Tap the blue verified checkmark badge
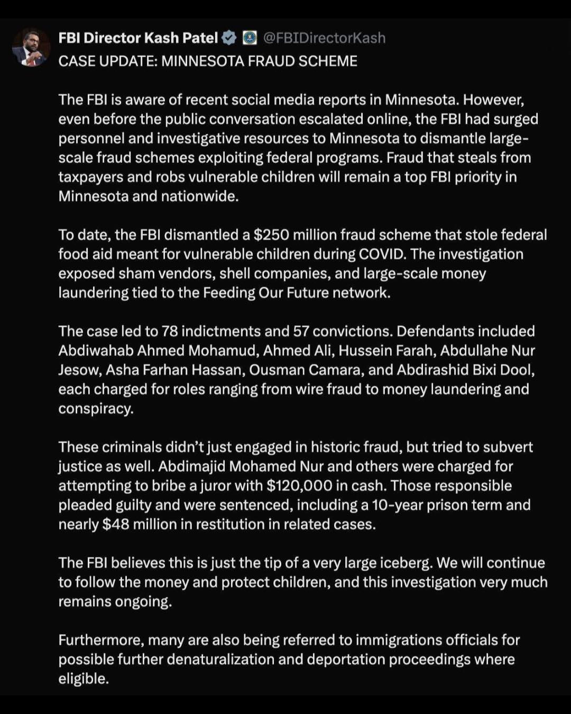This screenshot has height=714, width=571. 229,38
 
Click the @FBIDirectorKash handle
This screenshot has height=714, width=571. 324,38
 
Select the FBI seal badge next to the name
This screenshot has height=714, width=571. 250,38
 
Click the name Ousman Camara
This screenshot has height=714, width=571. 306,370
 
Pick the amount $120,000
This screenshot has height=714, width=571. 300,486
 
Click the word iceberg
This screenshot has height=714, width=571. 406,563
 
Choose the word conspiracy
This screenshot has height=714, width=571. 95,409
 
